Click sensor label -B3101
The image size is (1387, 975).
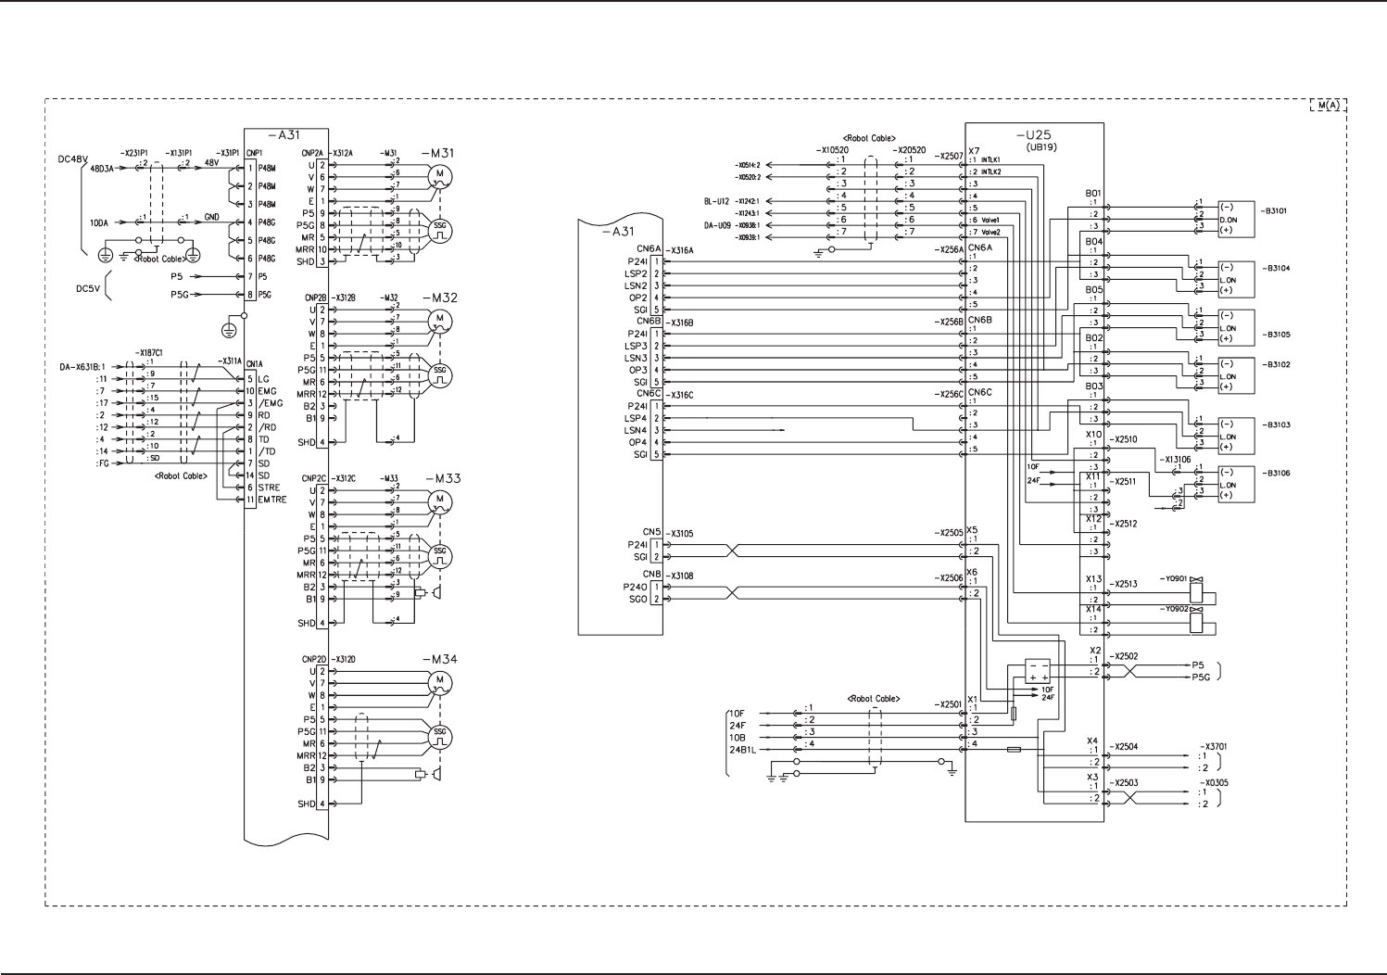pyautogui.click(x=1275, y=211)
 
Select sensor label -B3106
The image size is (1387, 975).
pyautogui.click(x=1275, y=474)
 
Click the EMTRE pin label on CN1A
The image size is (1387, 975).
pyautogui.click(x=272, y=500)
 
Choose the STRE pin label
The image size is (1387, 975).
pyautogui.click(x=269, y=487)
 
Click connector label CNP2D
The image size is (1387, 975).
pyautogui.click(x=314, y=659)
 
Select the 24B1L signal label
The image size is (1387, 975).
pyautogui.click(x=743, y=749)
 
